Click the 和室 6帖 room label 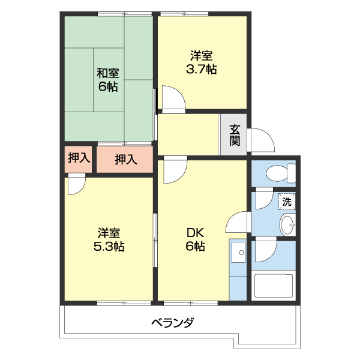[108, 80]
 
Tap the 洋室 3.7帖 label [202, 62]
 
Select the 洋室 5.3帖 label [109, 239]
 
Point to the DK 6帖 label [195, 239]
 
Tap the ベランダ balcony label [172, 323]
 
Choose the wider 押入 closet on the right [125, 160]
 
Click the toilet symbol [280, 173]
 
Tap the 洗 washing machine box [287, 202]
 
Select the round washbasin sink [287, 226]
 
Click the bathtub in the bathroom [273, 286]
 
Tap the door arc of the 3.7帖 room [172, 99]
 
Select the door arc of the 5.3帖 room [76, 184]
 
